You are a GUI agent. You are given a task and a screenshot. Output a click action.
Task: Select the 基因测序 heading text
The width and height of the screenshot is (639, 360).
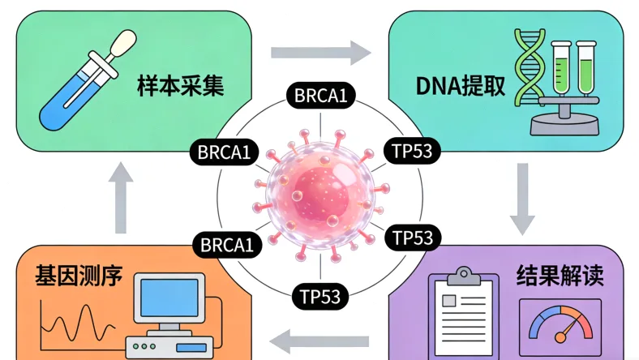(79, 276)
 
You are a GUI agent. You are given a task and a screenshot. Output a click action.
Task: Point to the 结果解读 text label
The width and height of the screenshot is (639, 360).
(560, 276)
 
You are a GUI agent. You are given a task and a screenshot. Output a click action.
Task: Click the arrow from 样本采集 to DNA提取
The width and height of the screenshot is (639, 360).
(320, 54)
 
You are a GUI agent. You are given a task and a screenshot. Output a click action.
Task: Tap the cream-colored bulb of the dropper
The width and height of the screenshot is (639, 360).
(122, 41)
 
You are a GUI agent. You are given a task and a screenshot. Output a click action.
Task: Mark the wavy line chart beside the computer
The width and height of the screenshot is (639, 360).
(77, 324)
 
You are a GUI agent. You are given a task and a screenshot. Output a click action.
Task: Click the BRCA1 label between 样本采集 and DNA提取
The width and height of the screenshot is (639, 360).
(320, 96)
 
